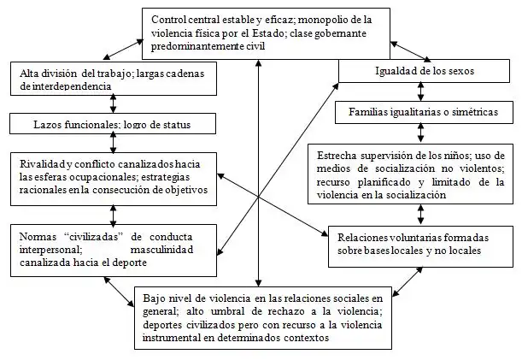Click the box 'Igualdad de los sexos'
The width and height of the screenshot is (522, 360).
coord(424,71)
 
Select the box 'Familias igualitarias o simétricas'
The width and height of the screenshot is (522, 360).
coord(424,112)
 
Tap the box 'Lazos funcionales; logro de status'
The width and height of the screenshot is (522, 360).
coord(113,124)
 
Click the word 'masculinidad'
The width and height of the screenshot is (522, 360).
coord(161,250)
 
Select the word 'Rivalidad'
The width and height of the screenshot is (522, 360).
coord(42,164)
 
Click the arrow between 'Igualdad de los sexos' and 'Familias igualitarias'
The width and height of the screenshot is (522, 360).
coord(421,91)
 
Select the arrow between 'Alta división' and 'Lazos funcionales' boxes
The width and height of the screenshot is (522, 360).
coord(113,103)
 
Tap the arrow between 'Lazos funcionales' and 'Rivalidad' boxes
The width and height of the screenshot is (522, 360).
coord(113,143)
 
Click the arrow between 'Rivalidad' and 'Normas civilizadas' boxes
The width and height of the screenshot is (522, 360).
coord(113,215)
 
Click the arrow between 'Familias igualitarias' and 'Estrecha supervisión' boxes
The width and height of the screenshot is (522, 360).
coord(421,133)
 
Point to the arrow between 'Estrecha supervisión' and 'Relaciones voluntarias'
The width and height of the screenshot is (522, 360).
coord(421,215)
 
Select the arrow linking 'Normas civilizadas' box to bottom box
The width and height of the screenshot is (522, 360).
coord(120,292)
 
